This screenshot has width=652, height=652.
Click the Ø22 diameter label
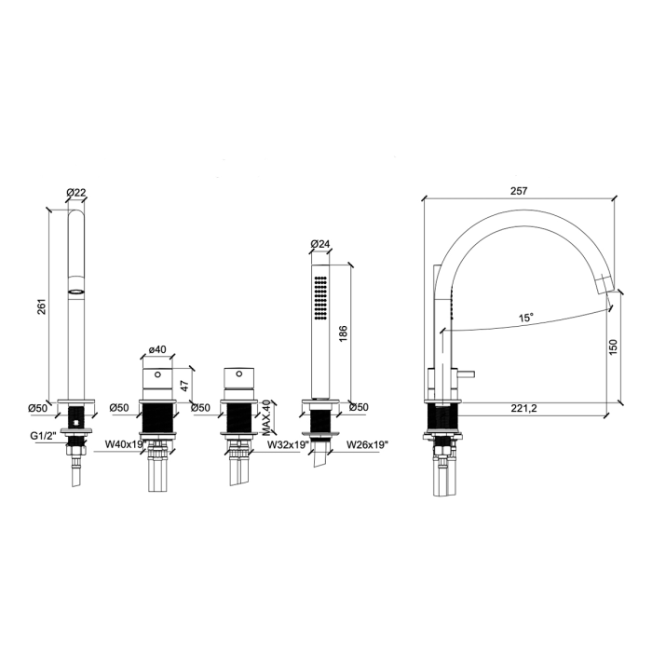(x=75, y=192)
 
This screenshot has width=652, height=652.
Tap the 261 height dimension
(x=42, y=306)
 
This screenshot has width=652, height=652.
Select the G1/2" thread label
(x=43, y=436)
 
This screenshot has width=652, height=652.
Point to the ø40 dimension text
(x=157, y=349)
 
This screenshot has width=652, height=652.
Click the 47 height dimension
(x=185, y=385)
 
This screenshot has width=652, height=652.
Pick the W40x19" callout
(x=125, y=444)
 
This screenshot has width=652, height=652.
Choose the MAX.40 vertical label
(x=266, y=417)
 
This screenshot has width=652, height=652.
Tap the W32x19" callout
(x=288, y=444)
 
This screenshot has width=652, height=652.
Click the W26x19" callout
(x=367, y=444)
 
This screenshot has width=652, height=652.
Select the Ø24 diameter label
(x=319, y=244)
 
